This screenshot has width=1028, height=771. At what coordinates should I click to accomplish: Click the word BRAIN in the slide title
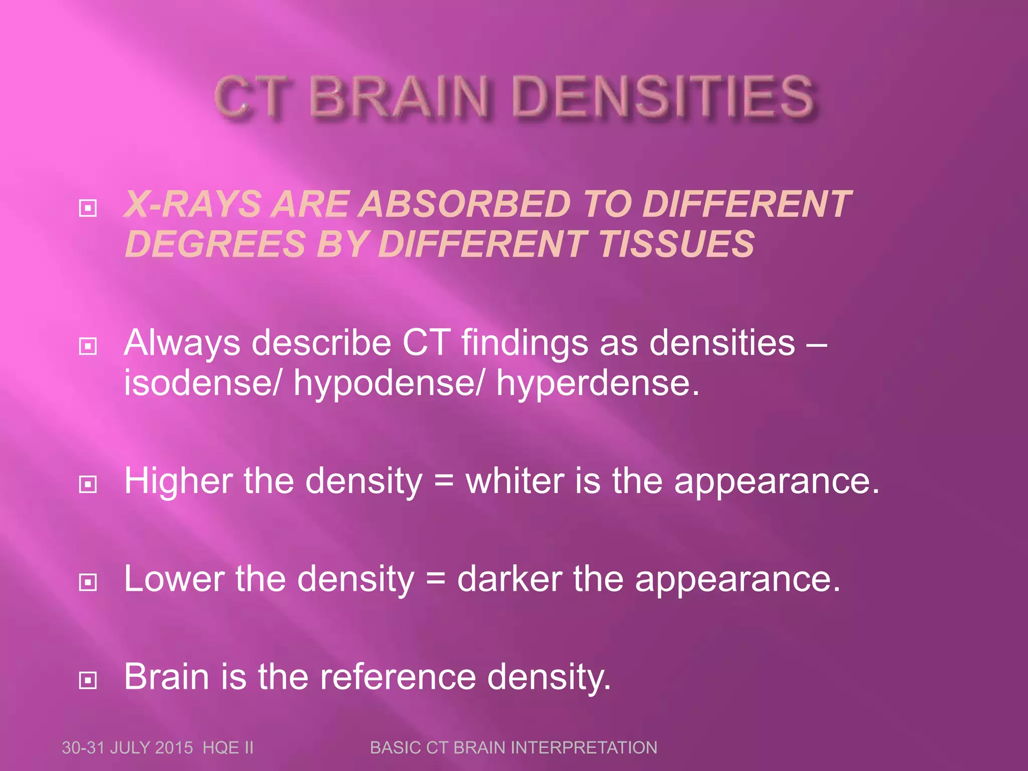399,96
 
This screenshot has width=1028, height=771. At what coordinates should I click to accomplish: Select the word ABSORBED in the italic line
465,204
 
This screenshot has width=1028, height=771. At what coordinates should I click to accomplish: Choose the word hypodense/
389,383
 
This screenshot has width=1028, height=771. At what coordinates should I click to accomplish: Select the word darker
509,579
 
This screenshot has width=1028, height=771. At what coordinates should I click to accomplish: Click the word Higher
178,481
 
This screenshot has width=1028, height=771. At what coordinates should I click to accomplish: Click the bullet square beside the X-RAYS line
88,207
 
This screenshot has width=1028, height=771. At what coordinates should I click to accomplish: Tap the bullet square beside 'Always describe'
88,346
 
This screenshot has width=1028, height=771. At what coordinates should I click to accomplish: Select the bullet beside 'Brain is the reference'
88,680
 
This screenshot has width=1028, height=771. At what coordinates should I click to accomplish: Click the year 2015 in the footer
174,747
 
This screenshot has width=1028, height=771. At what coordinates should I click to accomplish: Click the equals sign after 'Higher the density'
444,481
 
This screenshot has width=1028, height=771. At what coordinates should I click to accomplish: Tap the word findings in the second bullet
525,343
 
